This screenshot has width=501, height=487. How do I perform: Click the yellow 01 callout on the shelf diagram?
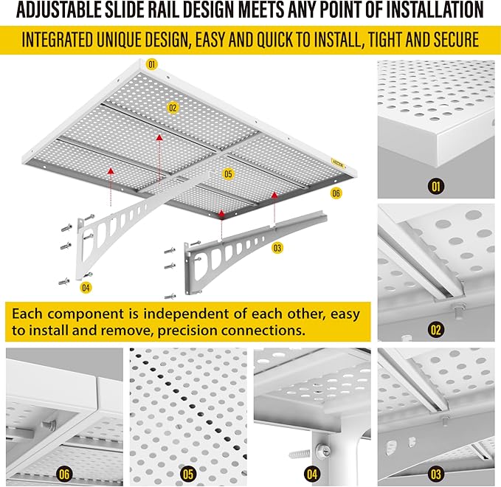coord(151,64)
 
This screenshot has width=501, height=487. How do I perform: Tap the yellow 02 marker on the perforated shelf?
coord(173,108)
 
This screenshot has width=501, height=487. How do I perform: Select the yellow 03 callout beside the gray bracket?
coord(277,248)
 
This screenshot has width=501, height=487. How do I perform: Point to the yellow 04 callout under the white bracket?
coord(86,288)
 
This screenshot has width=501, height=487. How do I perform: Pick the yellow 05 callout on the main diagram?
coord(228,174)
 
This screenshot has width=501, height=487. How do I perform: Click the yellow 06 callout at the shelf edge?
coord(336,193)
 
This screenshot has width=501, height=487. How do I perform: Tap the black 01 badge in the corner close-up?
coord(436,186)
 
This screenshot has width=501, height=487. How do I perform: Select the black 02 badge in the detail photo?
coord(436,329)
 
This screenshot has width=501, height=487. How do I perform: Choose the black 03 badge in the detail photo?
coord(436,474)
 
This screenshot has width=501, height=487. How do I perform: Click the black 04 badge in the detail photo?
coord(312,474)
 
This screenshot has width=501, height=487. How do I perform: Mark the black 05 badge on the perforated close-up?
coord(188,474)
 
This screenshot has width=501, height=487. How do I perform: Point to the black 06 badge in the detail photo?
coord(64,474)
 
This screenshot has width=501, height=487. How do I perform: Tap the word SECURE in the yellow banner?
coord(456,40)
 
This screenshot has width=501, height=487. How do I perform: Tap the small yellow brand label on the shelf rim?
coord(338,164)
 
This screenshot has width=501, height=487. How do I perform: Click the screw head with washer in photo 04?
coord(321,451)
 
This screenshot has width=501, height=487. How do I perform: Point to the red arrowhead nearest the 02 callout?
coord(159,137)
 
